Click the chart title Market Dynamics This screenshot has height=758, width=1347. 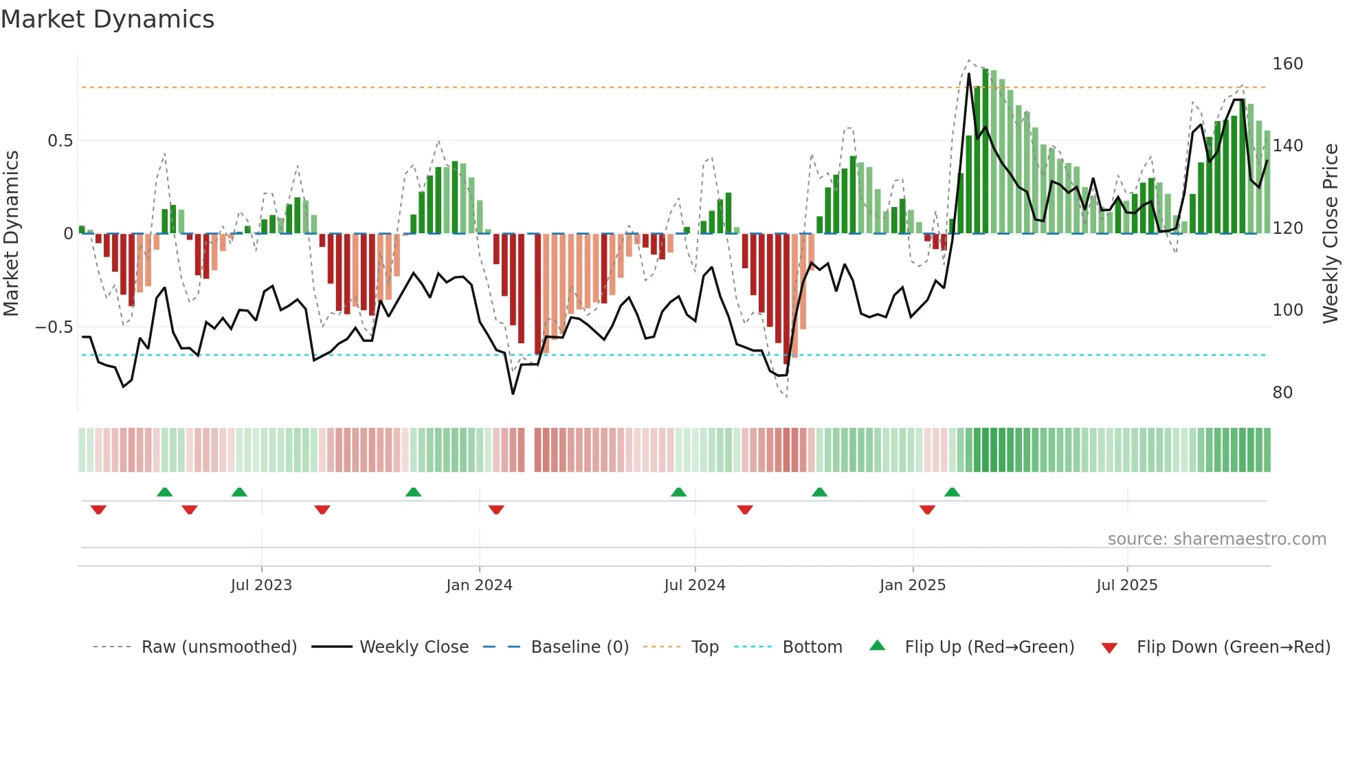[x=107, y=19]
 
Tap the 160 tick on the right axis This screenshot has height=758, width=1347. [x=1287, y=64]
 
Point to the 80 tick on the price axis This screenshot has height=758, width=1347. [x=1282, y=393]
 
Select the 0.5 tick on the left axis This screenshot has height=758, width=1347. [x=60, y=141]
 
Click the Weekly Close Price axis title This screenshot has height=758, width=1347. [x=1331, y=234]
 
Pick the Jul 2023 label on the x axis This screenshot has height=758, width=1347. [x=261, y=585]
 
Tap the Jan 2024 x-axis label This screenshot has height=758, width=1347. [x=479, y=585]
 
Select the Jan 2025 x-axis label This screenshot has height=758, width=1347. [x=913, y=585]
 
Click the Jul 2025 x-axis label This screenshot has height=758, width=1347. [x=1127, y=585]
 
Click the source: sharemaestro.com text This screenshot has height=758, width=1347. [x=1216, y=539]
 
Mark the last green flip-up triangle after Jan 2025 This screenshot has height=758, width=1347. [x=952, y=492]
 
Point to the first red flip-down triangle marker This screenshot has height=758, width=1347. [x=98, y=510]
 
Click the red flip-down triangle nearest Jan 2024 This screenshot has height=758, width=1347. [x=496, y=510]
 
